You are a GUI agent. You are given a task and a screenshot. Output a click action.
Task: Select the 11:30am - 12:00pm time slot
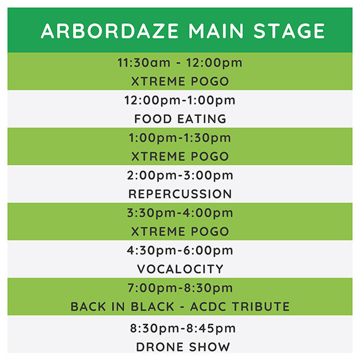(180, 62)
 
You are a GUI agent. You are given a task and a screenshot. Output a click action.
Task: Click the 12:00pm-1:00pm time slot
(180, 100)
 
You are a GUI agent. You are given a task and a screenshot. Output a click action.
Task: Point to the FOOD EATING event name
(180, 119)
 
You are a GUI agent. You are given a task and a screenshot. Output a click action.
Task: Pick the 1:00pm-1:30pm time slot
(180, 138)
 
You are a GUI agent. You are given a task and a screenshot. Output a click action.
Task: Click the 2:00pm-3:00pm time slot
(180, 175)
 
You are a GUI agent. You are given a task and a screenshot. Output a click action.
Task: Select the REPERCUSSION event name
(180, 194)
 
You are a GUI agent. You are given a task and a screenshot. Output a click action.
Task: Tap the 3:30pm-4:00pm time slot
(180, 213)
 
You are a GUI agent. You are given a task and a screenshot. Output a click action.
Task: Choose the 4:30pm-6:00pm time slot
(180, 250)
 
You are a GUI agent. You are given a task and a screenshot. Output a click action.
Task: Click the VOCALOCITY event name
(180, 269)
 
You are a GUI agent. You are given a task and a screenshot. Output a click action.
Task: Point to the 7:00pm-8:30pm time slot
(180, 288)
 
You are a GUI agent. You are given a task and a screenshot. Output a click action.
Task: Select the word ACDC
(207, 307)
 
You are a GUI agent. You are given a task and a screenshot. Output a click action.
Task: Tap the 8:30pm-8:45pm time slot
(180, 328)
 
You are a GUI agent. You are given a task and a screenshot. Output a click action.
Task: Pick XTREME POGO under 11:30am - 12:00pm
(180, 81)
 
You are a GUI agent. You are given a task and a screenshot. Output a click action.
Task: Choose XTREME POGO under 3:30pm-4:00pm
(180, 231)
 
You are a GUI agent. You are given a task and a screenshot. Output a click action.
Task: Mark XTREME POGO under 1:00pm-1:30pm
(180, 156)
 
